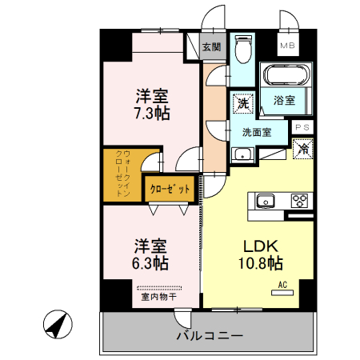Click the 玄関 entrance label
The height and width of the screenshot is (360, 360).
212,47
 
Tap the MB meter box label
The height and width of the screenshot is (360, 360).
286,46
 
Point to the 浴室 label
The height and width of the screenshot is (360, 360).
285,101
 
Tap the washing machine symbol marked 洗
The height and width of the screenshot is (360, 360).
242,102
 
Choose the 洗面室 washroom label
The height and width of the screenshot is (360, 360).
257,133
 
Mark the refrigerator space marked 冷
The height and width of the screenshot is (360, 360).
304,147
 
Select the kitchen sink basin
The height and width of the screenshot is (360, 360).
266,201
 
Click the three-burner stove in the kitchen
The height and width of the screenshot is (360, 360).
301,201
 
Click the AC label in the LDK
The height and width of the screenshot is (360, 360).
282,284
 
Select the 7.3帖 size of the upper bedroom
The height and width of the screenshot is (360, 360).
150,113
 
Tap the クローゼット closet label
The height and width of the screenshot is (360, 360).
170,189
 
